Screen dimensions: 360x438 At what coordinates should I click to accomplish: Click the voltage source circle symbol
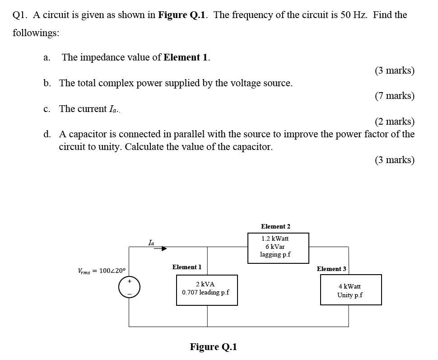(129, 287)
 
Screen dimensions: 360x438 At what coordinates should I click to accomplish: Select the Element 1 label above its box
(186, 267)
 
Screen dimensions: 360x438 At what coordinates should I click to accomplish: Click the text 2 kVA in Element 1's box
(205, 284)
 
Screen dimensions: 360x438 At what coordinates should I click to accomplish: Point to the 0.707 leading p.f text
(205, 292)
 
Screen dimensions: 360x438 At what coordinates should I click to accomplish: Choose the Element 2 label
(275, 226)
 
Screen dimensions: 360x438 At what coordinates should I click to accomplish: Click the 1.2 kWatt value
(275, 238)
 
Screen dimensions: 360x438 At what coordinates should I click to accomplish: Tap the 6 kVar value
(275, 247)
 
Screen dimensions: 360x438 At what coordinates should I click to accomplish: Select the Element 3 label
(331, 269)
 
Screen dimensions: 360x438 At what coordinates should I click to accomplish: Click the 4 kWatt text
(350, 286)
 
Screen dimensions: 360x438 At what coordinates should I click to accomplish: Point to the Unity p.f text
(350, 295)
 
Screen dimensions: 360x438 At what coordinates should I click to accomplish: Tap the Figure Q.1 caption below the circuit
(213, 347)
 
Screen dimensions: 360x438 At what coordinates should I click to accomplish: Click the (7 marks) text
(394, 96)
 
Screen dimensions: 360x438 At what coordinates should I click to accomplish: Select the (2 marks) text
(394, 122)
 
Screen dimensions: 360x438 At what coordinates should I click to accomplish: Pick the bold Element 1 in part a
(186, 57)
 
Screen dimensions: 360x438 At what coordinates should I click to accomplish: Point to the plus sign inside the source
(129, 281)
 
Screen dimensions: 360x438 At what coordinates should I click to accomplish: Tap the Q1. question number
(20, 15)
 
